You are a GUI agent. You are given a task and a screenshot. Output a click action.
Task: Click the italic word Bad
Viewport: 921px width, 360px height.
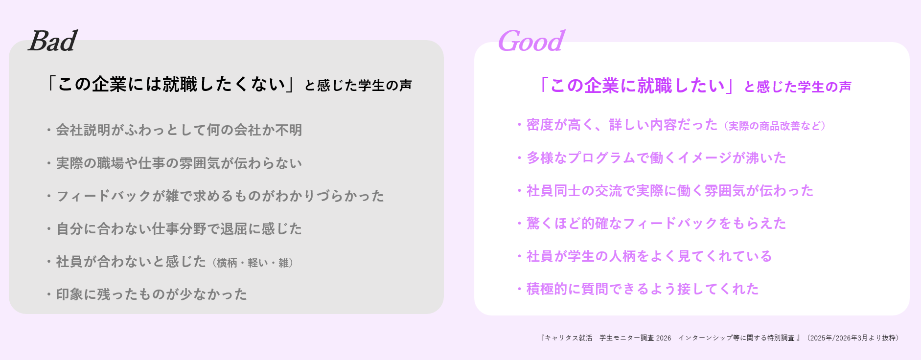[53, 41]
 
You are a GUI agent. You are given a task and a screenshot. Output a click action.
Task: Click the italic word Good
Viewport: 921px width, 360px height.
[531, 41]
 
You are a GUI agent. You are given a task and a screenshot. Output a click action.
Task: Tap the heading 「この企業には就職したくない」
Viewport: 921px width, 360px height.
[170, 84]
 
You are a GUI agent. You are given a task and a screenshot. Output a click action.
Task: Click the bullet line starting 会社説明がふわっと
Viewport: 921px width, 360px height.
[174, 130]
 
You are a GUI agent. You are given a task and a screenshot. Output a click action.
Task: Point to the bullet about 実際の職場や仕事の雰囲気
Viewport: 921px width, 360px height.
[174, 163]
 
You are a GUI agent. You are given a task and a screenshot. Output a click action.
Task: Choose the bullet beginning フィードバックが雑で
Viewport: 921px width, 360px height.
[215, 196]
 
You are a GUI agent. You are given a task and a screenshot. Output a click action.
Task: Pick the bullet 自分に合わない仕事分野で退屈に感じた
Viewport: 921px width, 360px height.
[174, 228]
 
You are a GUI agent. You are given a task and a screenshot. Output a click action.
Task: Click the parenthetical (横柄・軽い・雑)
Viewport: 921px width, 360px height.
[253, 263]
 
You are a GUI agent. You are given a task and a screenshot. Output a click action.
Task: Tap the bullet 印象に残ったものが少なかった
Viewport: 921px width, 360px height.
[147, 294]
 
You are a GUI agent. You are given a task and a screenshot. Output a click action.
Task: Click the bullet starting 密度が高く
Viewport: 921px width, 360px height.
[617, 125]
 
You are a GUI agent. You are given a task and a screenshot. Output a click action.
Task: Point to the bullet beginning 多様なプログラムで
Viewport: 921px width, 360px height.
[652, 157]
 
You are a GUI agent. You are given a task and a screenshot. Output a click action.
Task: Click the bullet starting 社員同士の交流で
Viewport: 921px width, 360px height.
[666, 190]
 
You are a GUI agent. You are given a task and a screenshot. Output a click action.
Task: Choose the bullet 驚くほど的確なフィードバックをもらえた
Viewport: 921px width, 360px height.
[652, 223]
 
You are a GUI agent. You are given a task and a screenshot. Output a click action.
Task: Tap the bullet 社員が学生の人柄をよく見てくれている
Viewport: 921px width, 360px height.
[645, 256]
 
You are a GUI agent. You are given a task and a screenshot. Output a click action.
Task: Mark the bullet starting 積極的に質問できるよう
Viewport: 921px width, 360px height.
[638, 289]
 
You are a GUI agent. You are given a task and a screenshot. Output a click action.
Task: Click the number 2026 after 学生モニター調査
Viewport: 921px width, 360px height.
[664, 338]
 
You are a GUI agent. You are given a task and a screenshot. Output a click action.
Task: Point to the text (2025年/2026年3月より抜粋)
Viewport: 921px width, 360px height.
[852, 338]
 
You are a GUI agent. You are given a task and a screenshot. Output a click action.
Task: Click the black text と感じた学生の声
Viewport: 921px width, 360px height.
[358, 85]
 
